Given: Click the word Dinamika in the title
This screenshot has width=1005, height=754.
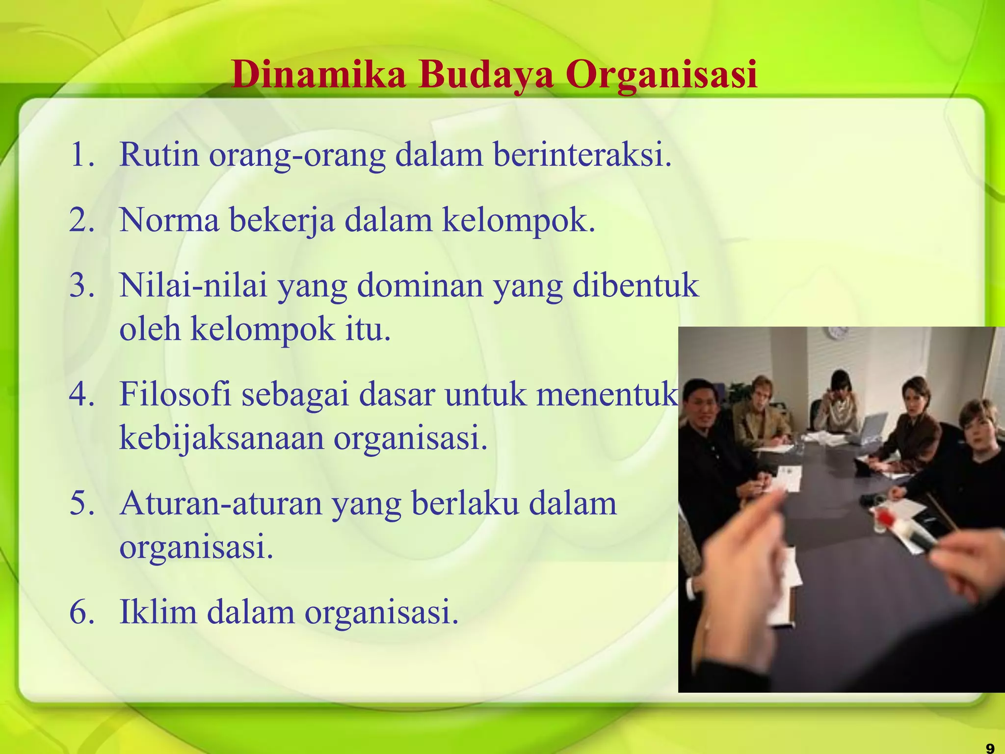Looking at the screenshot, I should [x=318, y=75].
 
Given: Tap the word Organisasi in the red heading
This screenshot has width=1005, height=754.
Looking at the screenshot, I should [x=661, y=75].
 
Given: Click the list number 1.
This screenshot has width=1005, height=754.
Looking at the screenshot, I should [x=81, y=155].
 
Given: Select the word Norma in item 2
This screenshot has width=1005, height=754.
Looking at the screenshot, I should [x=169, y=220].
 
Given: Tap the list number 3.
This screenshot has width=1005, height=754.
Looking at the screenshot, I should [x=81, y=285].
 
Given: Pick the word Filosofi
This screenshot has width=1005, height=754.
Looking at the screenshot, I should [x=175, y=394].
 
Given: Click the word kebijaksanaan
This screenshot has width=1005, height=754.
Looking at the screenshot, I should [x=222, y=438].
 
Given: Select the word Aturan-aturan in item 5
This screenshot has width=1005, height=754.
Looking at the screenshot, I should [x=220, y=504].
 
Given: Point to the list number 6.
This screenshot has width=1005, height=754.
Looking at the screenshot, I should [x=81, y=613].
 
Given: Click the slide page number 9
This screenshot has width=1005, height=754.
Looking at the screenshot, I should [x=989, y=748].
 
